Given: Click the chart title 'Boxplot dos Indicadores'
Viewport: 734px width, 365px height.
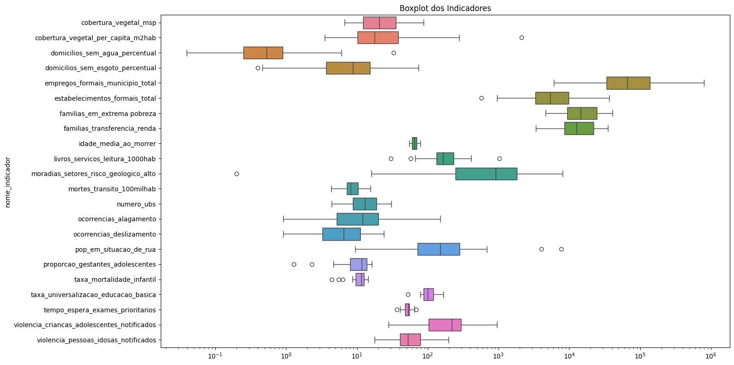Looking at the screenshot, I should point(445,8).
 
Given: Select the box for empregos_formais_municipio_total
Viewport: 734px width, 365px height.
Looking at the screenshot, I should point(628,83).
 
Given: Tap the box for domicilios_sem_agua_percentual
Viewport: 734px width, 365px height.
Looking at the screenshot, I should point(263,53).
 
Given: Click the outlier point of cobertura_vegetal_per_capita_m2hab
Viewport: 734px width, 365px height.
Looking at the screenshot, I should point(522,37).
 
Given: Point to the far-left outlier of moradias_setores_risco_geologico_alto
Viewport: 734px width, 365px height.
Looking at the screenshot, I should point(237,174).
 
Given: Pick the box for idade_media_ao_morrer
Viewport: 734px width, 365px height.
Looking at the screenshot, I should point(414,143).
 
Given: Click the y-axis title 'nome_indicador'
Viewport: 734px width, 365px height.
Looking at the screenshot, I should point(7,182).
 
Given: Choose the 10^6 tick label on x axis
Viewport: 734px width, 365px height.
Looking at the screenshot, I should point(710,355).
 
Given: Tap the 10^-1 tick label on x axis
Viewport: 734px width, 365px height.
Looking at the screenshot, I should point(215,355).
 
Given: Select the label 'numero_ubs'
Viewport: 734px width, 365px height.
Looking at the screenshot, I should point(136,204).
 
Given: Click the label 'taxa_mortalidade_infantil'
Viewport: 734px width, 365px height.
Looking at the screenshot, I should point(115,280).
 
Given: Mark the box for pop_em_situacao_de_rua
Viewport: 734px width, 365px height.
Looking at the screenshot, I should point(438,249).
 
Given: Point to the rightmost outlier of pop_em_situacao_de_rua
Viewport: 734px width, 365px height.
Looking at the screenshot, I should point(561,249).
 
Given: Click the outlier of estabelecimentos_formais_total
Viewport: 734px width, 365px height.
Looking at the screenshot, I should point(481,98).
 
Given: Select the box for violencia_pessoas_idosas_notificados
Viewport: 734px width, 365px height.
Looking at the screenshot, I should point(410,340).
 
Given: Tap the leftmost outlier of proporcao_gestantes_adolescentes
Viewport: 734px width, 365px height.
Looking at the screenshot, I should point(294,264).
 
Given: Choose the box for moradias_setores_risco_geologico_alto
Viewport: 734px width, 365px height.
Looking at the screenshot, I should point(486,174).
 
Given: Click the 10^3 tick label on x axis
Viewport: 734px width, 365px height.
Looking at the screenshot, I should point(498,355).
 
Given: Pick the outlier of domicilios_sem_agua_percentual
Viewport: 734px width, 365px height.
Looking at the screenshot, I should point(394,53).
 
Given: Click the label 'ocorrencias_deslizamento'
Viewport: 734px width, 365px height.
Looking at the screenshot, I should point(115,234).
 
